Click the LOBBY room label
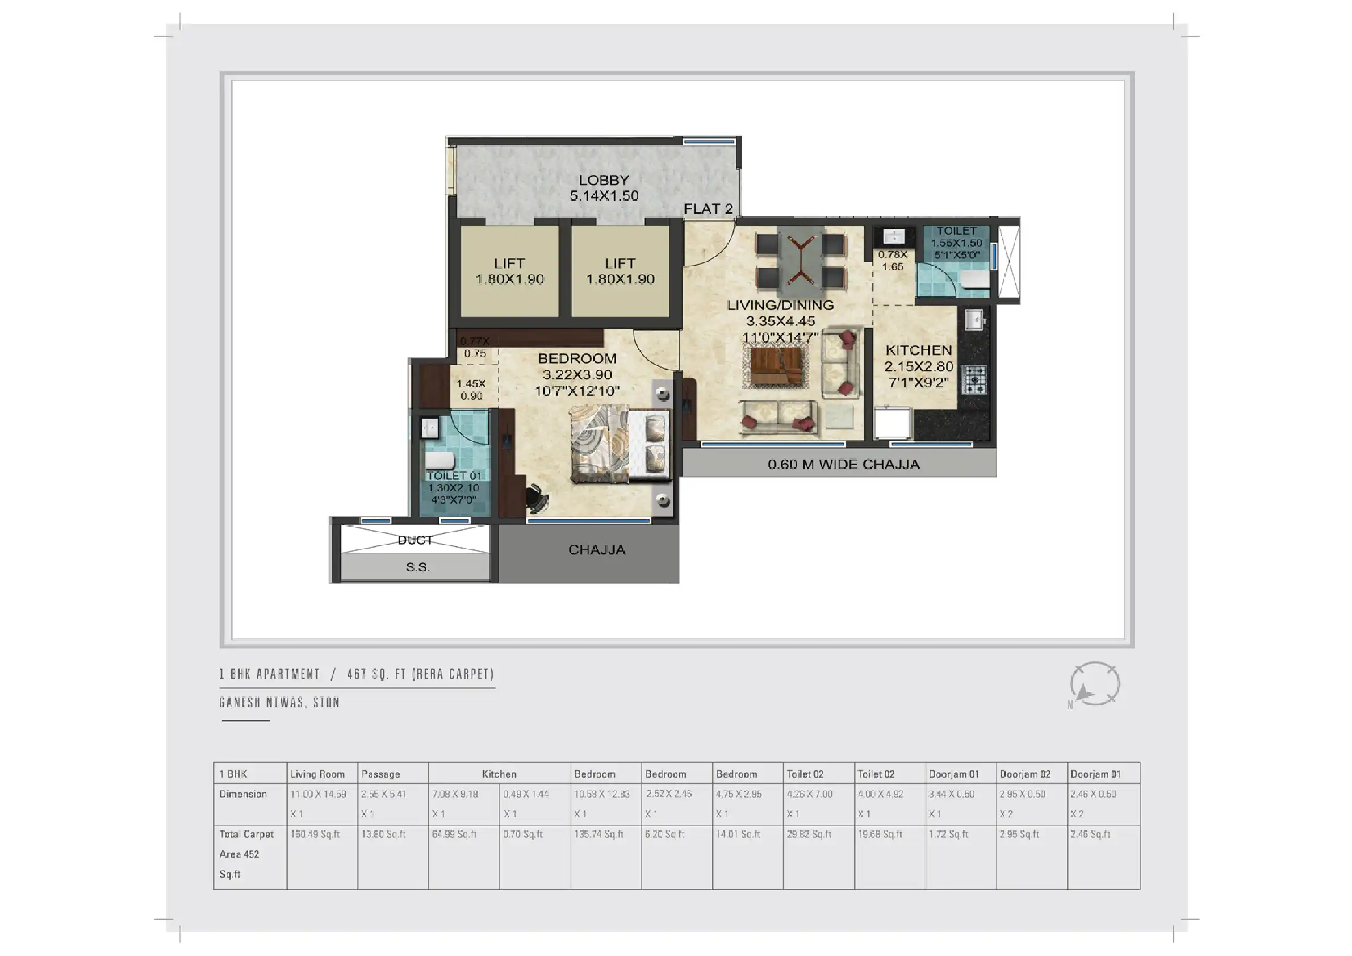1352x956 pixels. pyautogui.click(x=604, y=179)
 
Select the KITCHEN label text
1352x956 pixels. pyautogui.click(x=919, y=350)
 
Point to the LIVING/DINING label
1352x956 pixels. pyautogui.click(x=780, y=305)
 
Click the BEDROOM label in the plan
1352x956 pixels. pyautogui.click(x=577, y=358)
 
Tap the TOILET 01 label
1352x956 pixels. pyautogui.click(x=454, y=475)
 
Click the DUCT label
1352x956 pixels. pyautogui.click(x=415, y=540)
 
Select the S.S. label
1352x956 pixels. pyautogui.click(x=418, y=567)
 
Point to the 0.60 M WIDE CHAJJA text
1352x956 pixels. pyautogui.click(x=843, y=464)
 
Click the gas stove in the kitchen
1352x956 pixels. pyautogui.click(x=974, y=380)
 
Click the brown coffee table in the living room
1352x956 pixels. pyautogui.click(x=776, y=366)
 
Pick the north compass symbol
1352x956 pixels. pyautogui.click(x=1094, y=684)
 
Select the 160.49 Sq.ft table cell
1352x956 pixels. pyautogui.click(x=315, y=834)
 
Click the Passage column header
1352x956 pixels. pyautogui.click(x=380, y=774)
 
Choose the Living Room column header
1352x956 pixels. pyautogui.click(x=317, y=774)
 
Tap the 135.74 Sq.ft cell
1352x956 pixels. pyautogui.click(x=599, y=834)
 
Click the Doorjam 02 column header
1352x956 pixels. pyautogui.click(x=1024, y=774)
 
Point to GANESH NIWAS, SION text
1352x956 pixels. pyautogui.click(x=280, y=702)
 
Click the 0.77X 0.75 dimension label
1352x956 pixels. pyautogui.click(x=475, y=348)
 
